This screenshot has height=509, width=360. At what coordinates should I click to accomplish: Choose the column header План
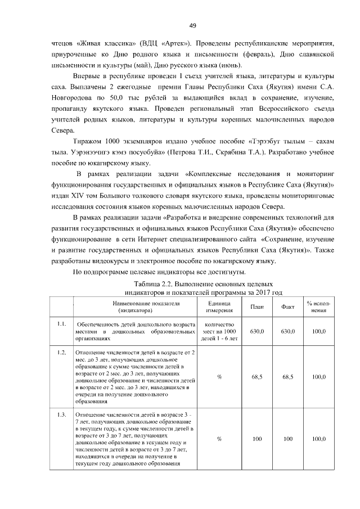coord(257,307)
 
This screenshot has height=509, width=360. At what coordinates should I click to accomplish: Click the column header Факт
coord(288,307)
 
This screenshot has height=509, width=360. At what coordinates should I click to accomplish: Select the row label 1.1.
coord(62,324)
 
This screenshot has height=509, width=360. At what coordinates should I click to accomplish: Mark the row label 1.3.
coord(62,415)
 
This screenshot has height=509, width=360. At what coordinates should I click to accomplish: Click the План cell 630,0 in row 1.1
coord(257,331)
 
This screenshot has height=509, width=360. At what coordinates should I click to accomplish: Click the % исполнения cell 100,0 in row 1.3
coord(319,439)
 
